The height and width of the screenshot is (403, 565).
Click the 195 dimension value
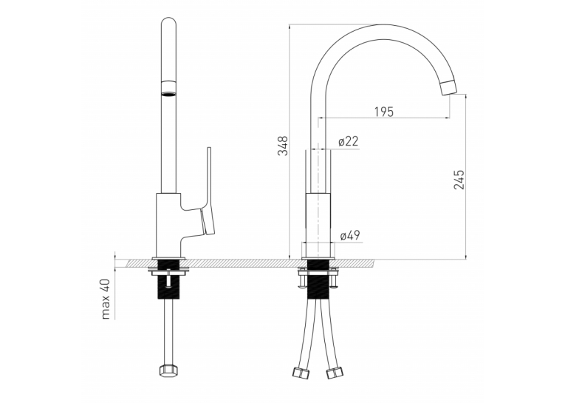point(384,112)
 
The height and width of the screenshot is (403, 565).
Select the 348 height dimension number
point(283,146)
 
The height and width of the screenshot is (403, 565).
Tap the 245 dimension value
point(459,179)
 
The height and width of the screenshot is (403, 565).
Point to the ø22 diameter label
point(349,141)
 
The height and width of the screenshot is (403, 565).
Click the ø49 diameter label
point(350,236)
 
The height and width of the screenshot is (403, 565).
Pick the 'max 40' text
point(106,299)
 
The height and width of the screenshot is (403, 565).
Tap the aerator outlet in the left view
point(168,89)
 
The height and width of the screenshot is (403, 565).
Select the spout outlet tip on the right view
point(448,88)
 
